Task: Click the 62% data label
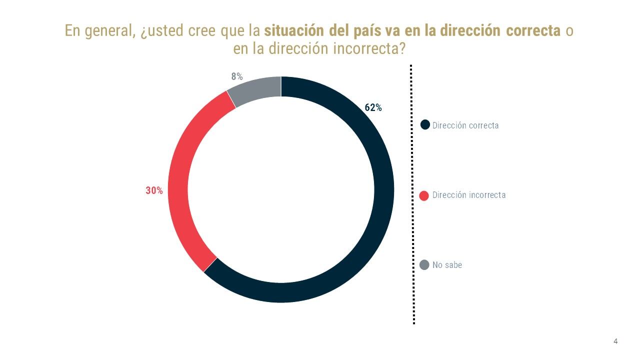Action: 373,107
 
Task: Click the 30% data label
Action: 154,190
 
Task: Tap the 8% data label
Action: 236,76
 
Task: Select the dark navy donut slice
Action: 383,200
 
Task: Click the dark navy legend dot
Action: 425,125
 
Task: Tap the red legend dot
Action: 424,195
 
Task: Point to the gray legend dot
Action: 424,265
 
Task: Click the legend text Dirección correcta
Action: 465,125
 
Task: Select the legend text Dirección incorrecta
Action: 469,195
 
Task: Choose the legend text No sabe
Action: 447,265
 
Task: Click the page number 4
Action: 615,341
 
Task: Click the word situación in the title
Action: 294,30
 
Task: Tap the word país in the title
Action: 370,30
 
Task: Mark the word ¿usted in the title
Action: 160,30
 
